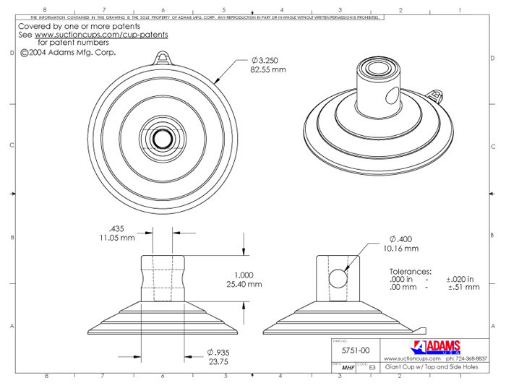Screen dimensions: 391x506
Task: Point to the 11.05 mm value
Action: (117, 236)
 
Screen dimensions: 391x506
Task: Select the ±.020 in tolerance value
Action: (462, 278)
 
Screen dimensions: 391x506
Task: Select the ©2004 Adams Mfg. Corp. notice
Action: (69, 52)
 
